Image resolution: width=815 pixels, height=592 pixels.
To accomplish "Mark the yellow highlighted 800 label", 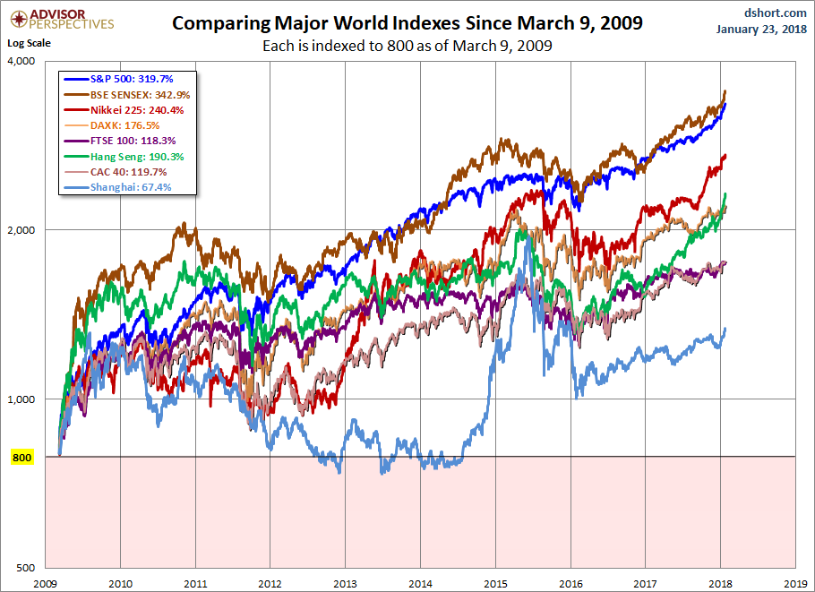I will [22, 458].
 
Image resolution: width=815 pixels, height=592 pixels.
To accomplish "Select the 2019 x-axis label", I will [795, 582].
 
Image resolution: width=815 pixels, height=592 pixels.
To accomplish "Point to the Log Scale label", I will [29, 42].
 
